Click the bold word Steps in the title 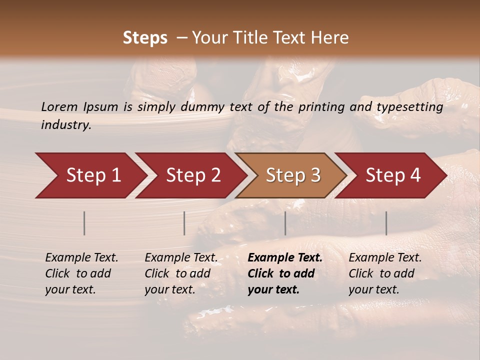coord(145,38)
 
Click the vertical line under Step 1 coord(84,223)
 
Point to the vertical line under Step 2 coord(184,223)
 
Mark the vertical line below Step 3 coord(285,223)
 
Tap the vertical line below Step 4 coord(386,223)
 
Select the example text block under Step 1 coord(81,273)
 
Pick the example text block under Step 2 coord(181,273)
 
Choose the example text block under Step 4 coord(385,273)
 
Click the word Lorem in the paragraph coord(59,106)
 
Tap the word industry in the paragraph coord(66,125)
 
